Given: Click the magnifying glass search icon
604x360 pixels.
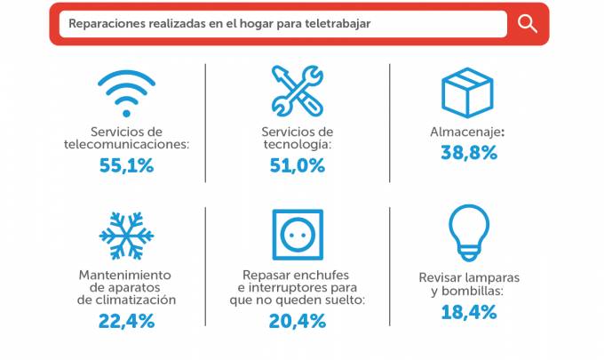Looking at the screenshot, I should pyautogui.click(x=528, y=23).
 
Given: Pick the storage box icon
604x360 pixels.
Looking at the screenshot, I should pyautogui.click(x=467, y=88).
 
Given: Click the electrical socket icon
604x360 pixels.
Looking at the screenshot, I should pyautogui.click(x=297, y=235).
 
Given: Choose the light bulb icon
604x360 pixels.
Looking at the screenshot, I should pyautogui.click(x=468, y=232).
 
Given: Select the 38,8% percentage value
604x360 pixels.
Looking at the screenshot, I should pyautogui.click(x=469, y=153).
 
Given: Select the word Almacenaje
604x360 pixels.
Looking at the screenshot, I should pyautogui.click(x=466, y=132).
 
